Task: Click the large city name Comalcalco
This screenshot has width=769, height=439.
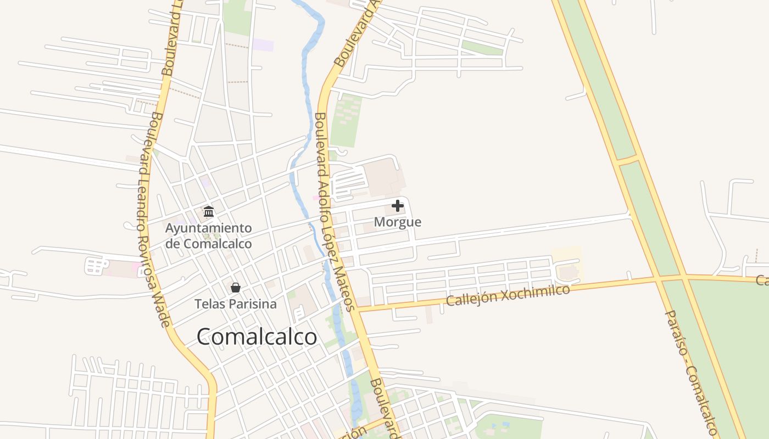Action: (x=257, y=336)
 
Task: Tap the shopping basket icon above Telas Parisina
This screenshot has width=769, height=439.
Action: (x=235, y=288)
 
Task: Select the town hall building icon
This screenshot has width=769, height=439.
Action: (x=209, y=211)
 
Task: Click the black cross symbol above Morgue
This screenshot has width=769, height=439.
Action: (x=398, y=206)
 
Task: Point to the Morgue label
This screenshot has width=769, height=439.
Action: (x=398, y=222)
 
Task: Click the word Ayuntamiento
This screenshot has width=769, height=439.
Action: (x=209, y=228)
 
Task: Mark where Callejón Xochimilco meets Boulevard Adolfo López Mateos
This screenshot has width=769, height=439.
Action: (x=358, y=309)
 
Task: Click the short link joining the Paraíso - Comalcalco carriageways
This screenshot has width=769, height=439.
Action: (x=628, y=161)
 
